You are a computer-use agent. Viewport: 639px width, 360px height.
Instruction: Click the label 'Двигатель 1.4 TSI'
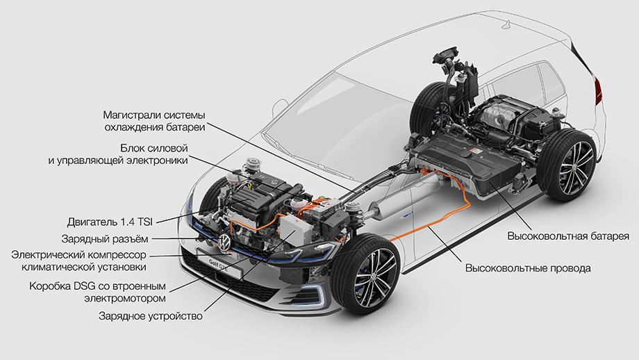110,222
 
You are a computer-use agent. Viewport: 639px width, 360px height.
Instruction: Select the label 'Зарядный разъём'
105,238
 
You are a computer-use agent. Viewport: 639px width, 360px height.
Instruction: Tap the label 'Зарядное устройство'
151,316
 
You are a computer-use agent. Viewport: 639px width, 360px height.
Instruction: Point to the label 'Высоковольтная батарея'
568,236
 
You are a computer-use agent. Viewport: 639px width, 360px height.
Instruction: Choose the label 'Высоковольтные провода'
528,268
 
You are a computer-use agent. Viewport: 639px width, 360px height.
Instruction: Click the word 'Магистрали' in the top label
131,115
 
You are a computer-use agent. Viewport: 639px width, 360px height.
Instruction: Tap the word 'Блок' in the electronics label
131,147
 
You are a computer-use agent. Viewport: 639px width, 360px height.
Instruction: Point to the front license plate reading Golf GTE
219,263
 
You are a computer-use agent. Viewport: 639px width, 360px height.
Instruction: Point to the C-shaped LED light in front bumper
317,295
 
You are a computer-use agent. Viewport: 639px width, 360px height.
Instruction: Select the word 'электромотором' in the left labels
125,298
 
